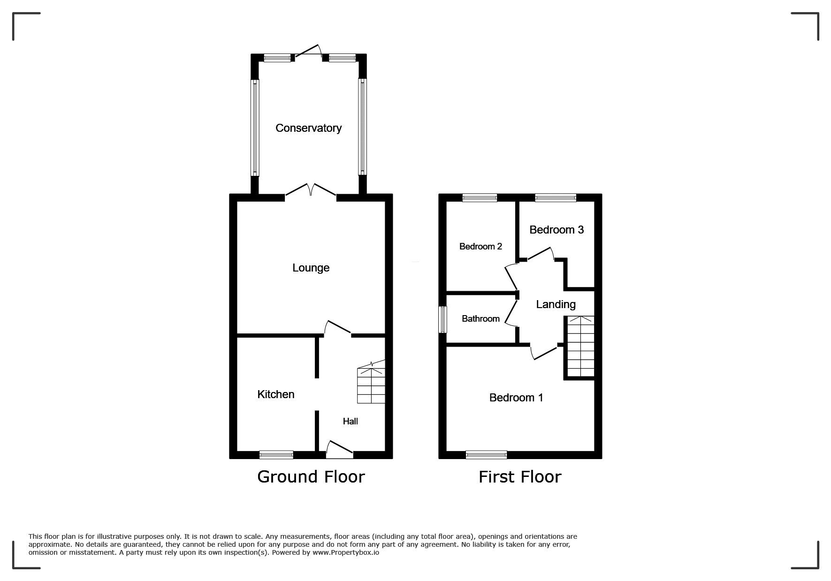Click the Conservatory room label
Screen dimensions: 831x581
[308, 128]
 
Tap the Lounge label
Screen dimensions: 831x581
[311, 268]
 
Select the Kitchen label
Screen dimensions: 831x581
[276, 394]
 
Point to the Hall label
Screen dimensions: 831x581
[350, 421]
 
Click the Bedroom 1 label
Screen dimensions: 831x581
[516, 398]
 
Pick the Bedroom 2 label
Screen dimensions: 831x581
[480, 246]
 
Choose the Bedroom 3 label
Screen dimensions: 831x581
[557, 230]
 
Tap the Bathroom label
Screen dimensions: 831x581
[480, 319]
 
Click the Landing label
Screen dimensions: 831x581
[556, 304]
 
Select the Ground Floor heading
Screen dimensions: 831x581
[311, 477]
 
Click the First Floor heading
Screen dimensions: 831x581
[520, 477]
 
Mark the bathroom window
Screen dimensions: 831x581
[442, 320]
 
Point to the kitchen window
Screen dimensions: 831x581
[276, 454]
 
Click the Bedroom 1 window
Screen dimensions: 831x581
[487, 454]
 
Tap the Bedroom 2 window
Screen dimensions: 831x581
[480, 198]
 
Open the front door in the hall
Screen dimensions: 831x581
[339, 449]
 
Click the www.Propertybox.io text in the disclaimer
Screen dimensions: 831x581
[346, 552]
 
